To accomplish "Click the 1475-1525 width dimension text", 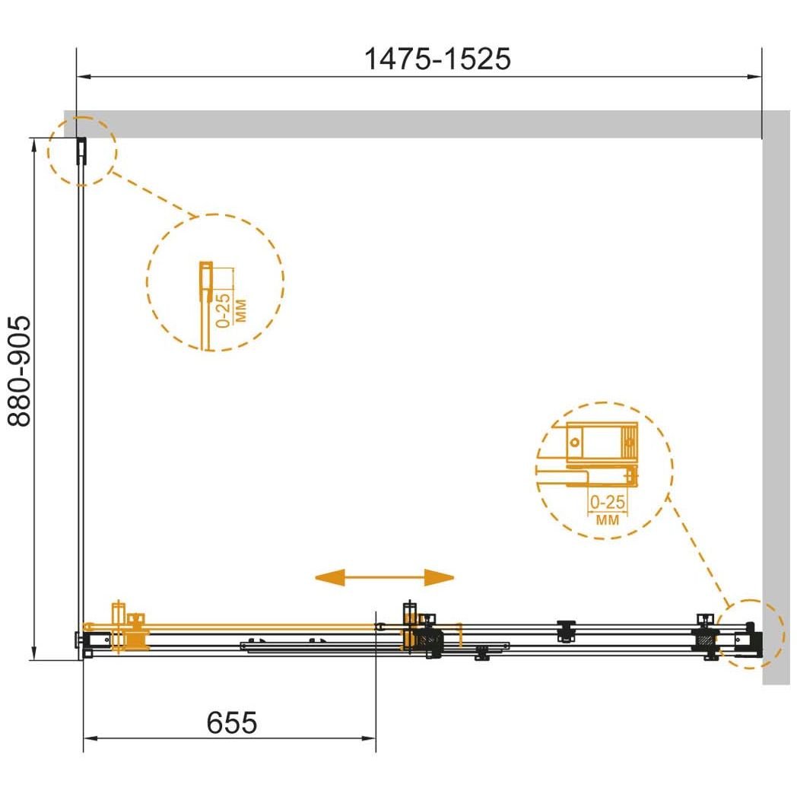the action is [437, 59].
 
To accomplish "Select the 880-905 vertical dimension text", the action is [21, 371].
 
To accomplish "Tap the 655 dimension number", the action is [232, 722].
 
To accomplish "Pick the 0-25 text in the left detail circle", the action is [223, 310].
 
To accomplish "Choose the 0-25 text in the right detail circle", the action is [608, 502].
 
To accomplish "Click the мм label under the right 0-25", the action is [608, 519].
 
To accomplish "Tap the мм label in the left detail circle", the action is [240, 310].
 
